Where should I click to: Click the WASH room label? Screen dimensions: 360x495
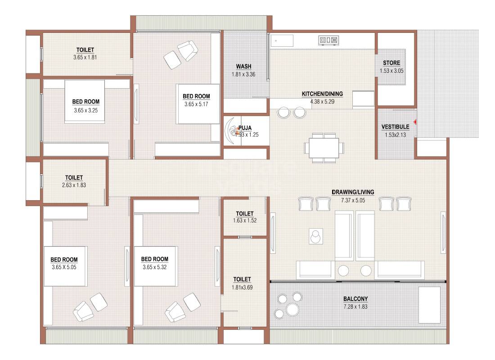pyautogui.click(x=243, y=67)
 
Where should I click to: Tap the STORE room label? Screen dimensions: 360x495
pyautogui.click(x=391, y=63)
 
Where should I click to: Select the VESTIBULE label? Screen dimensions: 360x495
pyautogui.click(x=395, y=127)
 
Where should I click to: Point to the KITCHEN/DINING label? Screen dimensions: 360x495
pyautogui.click(x=322, y=94)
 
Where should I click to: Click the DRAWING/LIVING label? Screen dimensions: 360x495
pyautogui.click(x=353, y=192)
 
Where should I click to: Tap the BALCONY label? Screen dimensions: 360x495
pyautogui.click(x=355, y=299)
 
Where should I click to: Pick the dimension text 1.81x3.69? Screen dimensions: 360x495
pyautogui.click(x=242, y=287)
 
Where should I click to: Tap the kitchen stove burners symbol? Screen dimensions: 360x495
pyautogui.click(x=328, y=40)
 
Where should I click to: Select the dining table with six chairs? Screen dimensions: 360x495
pyautogui.click(x=324, y=148)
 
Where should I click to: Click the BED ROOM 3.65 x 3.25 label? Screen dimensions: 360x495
pyautogui.click(x=85, y=102)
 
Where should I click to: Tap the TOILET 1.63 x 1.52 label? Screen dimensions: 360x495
pyautogui.click(x=244, y=213)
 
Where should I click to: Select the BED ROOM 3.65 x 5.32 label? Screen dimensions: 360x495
pyautogui.click(x=155, y=259)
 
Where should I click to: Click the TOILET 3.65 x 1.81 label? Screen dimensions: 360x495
pyautogui.click(x=85, y=50)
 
